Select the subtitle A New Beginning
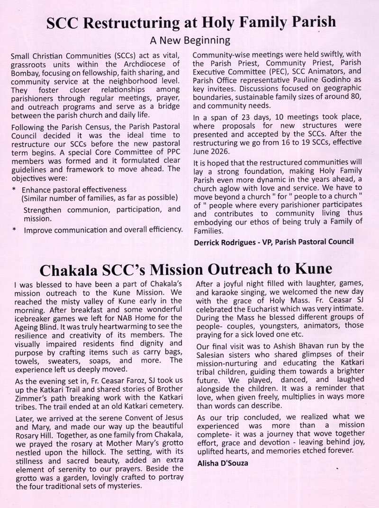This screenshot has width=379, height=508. [x=189, y=40]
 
